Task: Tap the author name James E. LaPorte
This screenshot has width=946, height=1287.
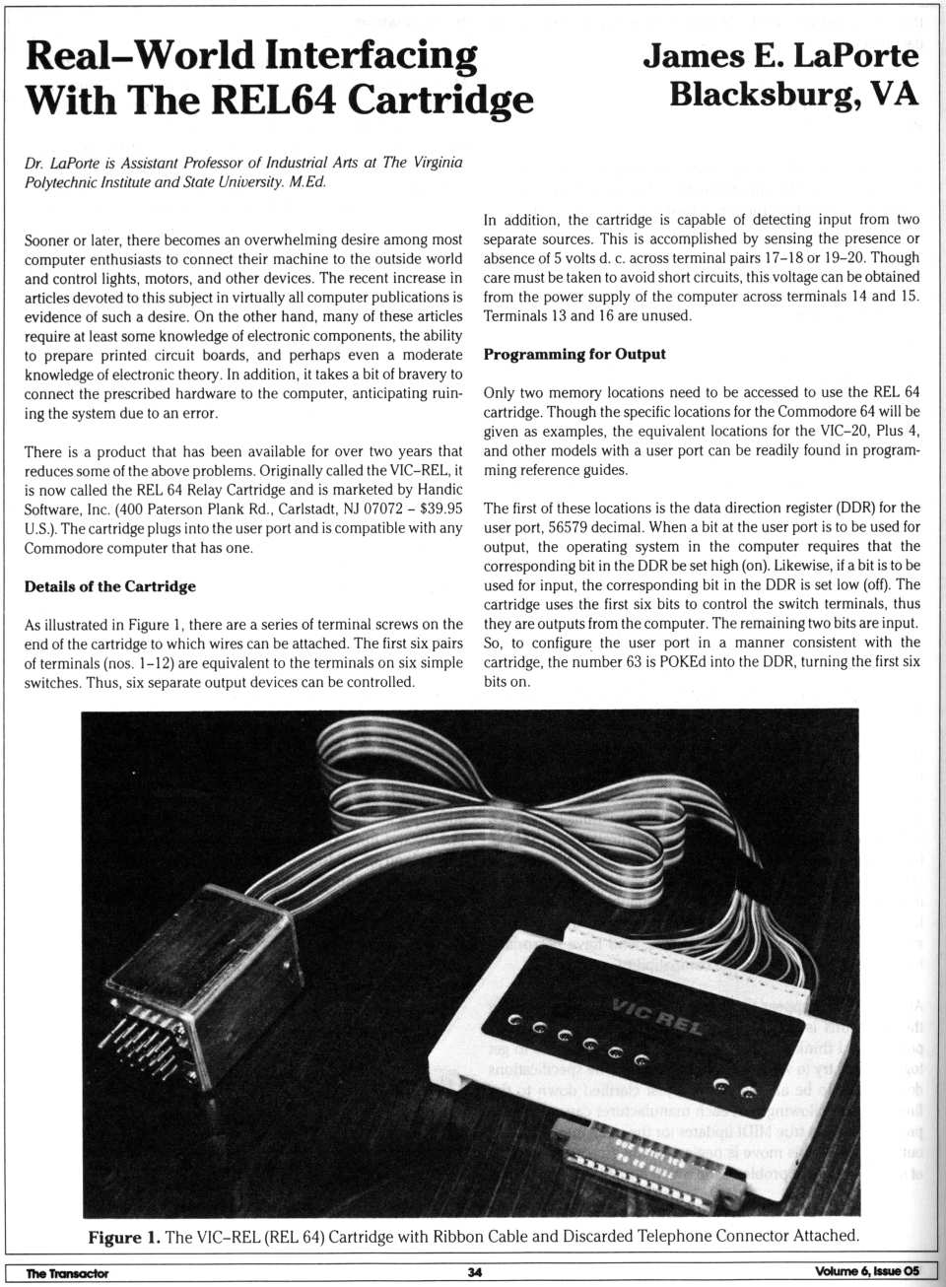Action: click(x=780, y=55)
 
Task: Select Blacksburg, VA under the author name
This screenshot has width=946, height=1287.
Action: click(x=793, y=95)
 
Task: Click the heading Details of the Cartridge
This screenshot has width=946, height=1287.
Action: click(x=110, y=586)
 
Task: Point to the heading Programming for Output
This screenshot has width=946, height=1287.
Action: click(x=574, y=354)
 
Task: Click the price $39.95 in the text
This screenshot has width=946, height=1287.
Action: click(x=439, y=508)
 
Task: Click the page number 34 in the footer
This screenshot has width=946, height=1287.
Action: click(x=475, y=1272)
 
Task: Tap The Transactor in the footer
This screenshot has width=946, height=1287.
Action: click(x=67, y=1273)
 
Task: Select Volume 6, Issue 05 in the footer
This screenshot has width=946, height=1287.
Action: click(x=866, y=1271)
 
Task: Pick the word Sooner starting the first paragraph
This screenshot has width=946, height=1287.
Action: click(x=47, y=239)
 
